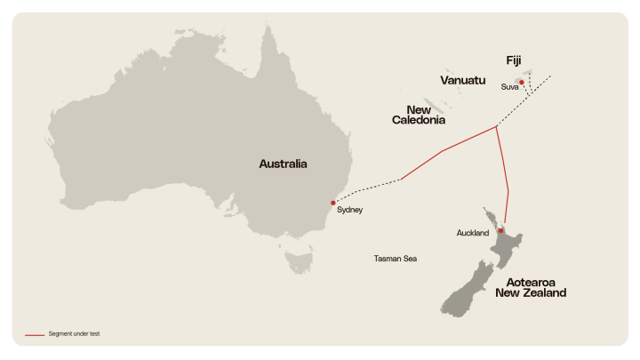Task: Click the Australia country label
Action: point(283,164)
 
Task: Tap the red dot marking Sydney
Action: point(333,203)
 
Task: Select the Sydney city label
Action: point(350,211)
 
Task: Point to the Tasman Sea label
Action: point(396,259)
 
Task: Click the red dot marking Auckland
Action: point(501,231)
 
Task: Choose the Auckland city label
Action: point(472,234)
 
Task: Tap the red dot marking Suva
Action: point(522,82)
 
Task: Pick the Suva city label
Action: point(509,87)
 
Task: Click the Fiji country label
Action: point(514,60)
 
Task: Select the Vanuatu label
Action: point(463,80)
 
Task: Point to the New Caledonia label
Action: point(419,115)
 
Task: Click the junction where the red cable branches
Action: point(495,128)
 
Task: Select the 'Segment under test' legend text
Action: point(75,334)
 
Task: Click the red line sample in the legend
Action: point(35,334)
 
